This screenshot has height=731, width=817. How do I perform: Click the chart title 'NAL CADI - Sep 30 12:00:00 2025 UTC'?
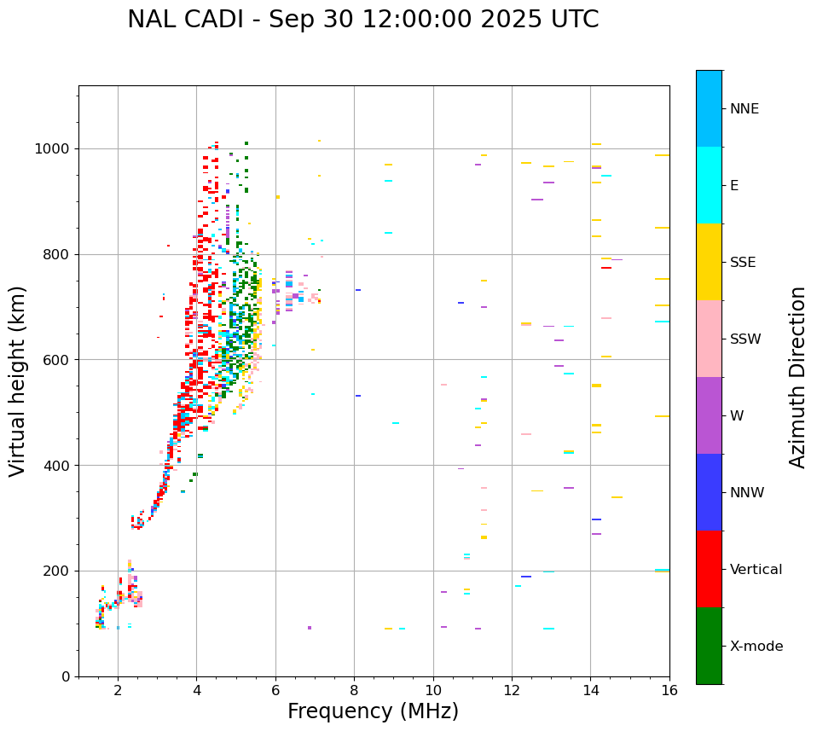362,20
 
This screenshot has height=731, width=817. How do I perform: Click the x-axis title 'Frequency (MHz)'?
373,711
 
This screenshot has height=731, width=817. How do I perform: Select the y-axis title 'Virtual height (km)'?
18,381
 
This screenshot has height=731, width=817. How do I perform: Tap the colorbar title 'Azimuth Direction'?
797,377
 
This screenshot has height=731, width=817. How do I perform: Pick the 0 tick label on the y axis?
67,676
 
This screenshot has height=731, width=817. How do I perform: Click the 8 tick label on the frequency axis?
354,690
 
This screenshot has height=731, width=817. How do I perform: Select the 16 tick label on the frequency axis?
669,690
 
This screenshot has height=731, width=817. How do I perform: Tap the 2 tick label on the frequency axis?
118,690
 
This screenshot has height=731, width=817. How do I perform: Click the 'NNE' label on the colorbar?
745,109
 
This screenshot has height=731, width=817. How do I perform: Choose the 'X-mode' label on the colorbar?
756,647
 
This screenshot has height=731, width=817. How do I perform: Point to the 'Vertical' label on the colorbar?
756,570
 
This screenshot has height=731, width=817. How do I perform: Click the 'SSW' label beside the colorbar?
745,339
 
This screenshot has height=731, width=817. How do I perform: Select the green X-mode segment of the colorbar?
709,646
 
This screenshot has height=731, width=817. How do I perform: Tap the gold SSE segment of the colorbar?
709,262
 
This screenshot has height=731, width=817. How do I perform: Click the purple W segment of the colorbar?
709,415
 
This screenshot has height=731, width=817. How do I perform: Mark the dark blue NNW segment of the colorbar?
709,492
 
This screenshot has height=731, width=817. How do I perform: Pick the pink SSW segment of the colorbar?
709,339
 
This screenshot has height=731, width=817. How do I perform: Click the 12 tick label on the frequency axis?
512,690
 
